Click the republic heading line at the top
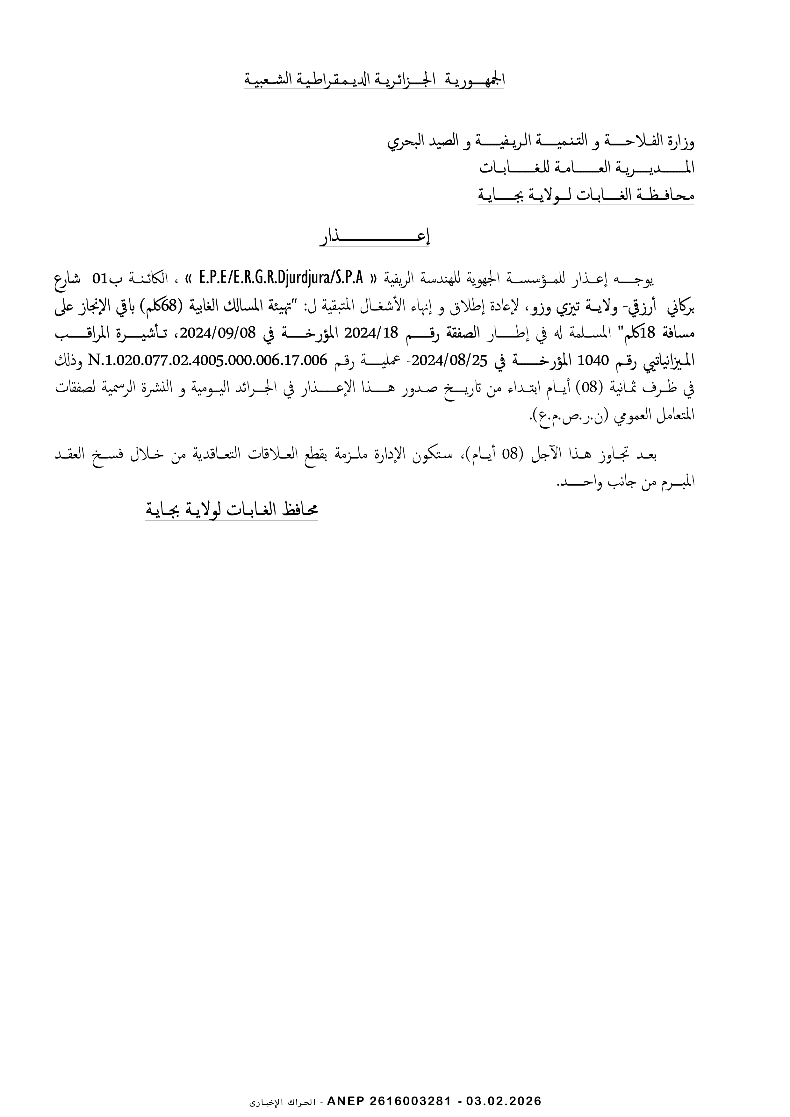tap(374, 79)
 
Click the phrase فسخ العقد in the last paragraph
tap(90, 455)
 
